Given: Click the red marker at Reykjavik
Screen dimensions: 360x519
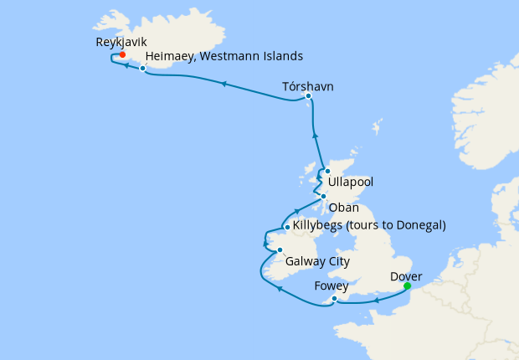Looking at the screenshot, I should [122, 54].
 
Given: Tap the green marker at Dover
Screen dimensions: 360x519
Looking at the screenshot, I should [407, 286].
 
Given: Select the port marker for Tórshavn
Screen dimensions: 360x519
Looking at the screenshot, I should [308, 96].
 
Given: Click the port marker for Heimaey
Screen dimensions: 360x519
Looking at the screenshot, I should [143, 69].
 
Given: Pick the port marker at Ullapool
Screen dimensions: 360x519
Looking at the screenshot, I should [327, 171].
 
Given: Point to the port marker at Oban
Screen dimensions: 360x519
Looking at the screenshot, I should [324, 197].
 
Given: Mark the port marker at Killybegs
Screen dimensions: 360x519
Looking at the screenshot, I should [287, 227].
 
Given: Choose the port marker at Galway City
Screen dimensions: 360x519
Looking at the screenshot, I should [280, 249].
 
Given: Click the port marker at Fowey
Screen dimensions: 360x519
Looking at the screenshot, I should [334, 299].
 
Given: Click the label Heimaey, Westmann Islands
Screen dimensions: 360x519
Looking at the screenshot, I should [224, 56].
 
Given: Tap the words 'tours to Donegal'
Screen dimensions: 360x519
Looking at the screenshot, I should [398, 225].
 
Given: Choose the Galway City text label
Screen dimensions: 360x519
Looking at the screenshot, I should [317, 261].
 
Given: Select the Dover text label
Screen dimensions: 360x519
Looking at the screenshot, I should [406, 275].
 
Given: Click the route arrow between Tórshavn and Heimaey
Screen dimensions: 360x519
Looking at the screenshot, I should [224, 82].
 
